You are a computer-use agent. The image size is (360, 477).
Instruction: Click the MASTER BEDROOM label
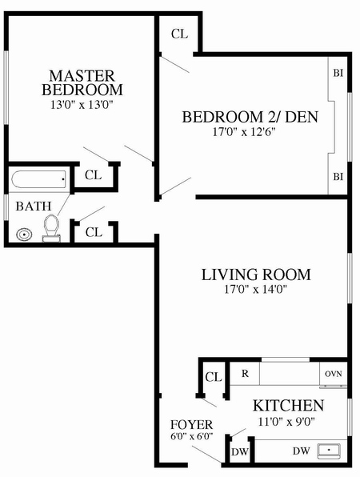coord(82,82)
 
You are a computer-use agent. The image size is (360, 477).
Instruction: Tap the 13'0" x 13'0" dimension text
coord(82,104)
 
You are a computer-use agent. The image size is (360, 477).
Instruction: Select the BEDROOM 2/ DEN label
coord(250,118)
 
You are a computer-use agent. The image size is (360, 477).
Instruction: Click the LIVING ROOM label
coord(255,275)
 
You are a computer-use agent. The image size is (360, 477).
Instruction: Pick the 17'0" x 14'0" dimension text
coord(255,290)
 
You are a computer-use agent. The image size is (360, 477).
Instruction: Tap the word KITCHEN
coord(289,405)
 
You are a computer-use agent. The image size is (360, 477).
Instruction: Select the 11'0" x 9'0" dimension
coord(289,420)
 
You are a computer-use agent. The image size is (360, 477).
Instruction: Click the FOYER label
coord(192,423)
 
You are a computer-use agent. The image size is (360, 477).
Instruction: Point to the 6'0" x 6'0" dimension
coord(192,437)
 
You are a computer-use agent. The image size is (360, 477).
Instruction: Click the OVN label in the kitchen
coord(333,375)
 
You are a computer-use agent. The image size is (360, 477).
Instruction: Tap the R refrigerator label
coord(244,374)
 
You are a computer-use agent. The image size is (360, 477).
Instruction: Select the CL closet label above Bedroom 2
coord(179,34)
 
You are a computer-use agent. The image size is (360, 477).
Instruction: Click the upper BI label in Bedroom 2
coord(338,73)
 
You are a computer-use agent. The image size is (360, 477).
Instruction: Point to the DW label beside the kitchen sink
coord(301,451)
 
